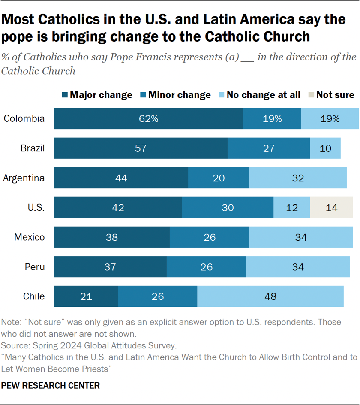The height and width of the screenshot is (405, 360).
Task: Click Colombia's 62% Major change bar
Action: click(x=148, y=119)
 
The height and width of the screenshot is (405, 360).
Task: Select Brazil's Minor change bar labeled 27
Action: click(x=269, y=148)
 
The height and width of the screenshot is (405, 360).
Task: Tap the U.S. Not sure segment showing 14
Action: click(x=331, y=208)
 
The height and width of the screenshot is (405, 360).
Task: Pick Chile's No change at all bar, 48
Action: click(x=270, y=296)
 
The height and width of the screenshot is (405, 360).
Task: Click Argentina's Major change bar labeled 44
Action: click(x=121, y=178)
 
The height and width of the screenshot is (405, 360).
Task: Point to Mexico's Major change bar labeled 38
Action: click(x=111, y=237)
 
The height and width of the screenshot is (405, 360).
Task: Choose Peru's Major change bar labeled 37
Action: click(x=110, y=267)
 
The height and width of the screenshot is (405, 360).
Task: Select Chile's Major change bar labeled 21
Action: click(x=86, y=296)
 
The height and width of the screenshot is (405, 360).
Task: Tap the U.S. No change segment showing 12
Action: click(x=291, y=208)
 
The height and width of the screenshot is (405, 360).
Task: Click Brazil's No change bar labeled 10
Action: click(x=325, y=148)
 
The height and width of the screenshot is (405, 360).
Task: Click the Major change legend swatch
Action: click(x=64, y=95)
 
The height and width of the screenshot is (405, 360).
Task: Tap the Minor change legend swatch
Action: click(x=143, y=95)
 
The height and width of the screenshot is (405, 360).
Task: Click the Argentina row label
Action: click(x=24, y=178)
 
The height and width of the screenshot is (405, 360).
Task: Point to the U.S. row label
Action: click(x=36, y=208)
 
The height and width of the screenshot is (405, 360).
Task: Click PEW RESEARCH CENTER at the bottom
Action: click(x=51, y=386)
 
